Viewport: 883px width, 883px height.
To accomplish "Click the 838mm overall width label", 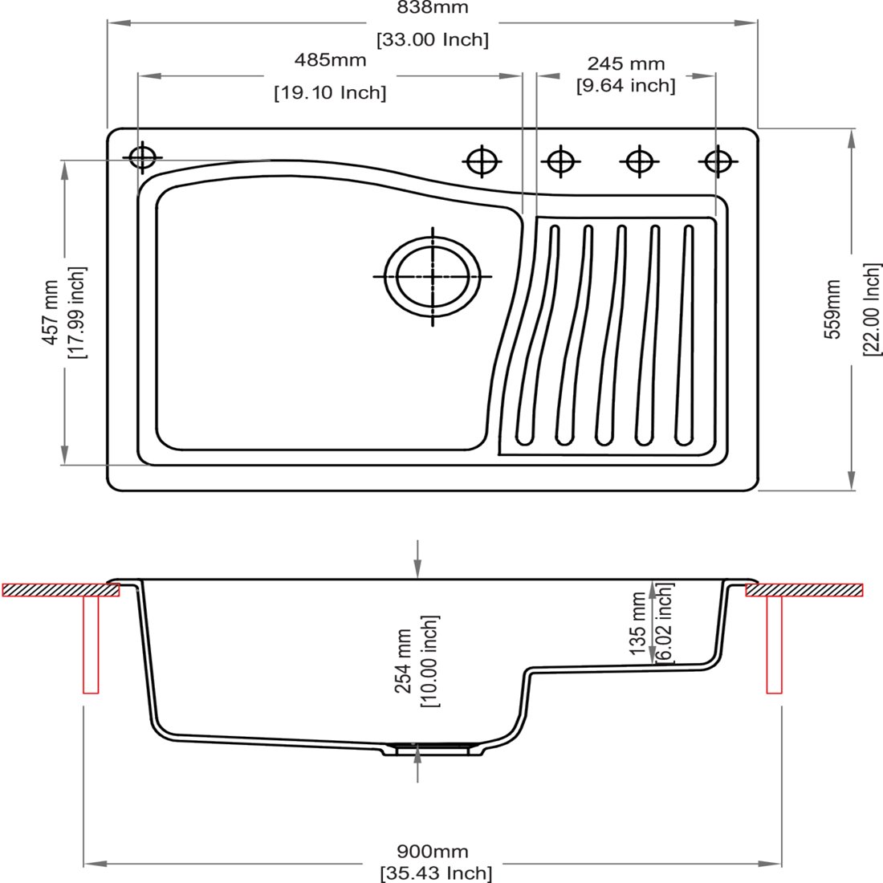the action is [433, 7].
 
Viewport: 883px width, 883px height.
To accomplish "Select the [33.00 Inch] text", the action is [433, 39].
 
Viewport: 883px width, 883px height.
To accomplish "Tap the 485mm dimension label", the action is [330, 59].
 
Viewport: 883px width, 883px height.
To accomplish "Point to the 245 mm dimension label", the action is [625, 63].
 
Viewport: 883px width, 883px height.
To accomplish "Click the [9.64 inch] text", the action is [625, 86].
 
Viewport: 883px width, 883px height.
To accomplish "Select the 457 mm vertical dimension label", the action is [51, 312].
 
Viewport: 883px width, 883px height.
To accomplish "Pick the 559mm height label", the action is [832, 310].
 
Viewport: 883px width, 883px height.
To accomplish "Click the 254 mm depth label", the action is [405, 661].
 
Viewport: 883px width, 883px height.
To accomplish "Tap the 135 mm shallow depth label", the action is [637, 623].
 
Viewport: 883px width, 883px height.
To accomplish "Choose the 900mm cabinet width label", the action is [433, 852].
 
